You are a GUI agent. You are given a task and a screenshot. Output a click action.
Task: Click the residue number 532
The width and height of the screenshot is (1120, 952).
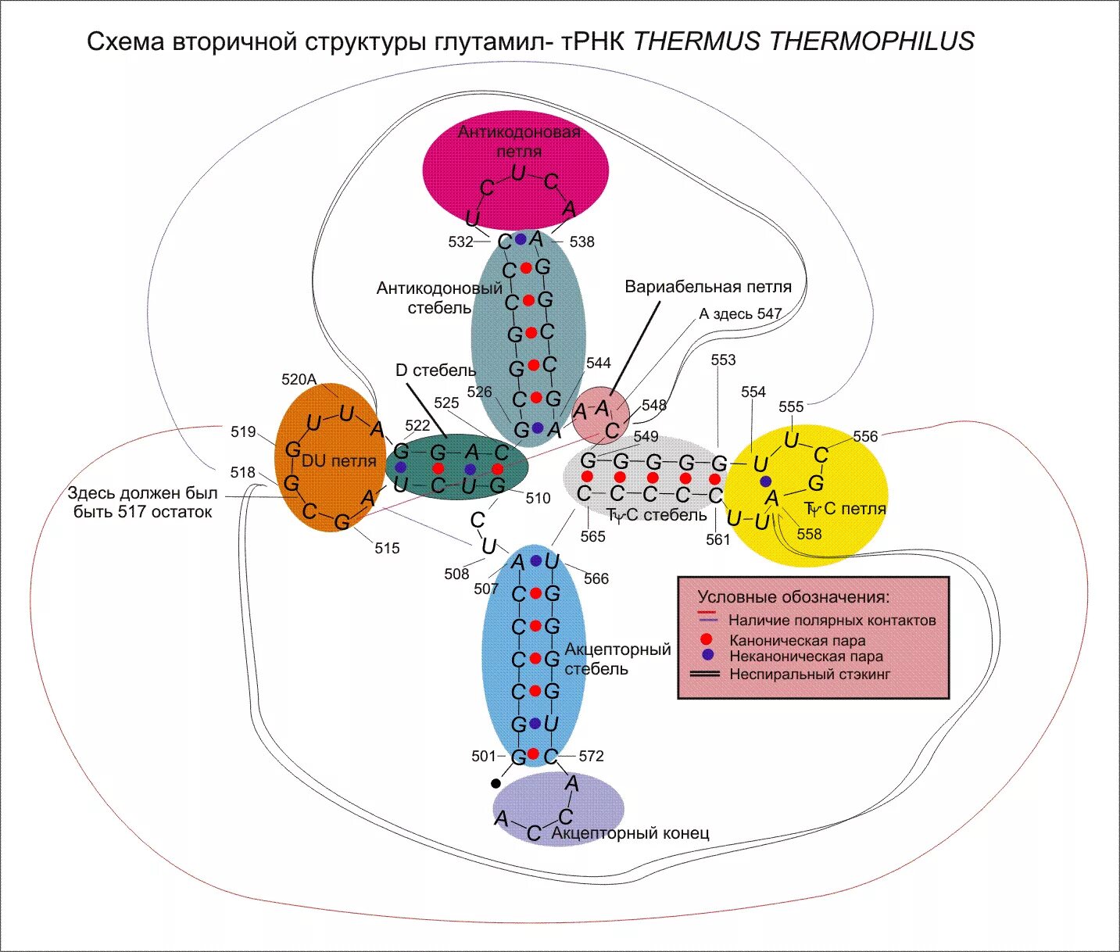(x=460, y=242)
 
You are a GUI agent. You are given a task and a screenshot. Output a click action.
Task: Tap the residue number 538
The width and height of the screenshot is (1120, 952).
(x=582, y=242)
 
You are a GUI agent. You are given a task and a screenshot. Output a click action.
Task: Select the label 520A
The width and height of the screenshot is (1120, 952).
(x=299, y=379)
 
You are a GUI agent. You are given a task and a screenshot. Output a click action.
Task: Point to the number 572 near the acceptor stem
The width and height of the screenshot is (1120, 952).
(x=591, y=756)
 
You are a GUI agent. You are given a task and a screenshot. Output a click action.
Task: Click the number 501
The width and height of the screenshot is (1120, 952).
(x=484, y=756)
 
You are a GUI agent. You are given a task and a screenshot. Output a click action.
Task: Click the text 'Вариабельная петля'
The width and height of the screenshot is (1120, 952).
(x=708, y=287)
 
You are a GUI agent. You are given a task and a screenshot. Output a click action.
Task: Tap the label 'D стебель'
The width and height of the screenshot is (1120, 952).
(x=435, y=370)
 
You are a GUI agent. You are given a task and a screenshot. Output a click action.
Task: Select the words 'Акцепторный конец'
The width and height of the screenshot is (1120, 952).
(x=630, y=832)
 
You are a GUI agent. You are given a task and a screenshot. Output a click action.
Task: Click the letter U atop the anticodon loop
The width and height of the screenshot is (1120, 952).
(x=518, y=174)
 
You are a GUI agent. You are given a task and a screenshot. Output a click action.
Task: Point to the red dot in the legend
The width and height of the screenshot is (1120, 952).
(x=706, y=639)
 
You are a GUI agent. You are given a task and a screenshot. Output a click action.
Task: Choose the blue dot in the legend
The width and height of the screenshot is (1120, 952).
(x=707, y=655)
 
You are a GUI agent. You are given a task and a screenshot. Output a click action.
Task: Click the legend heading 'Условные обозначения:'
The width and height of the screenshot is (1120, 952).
(x=794, y=597)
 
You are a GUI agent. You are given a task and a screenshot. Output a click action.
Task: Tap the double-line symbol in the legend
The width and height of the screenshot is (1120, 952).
(x=704, y=675)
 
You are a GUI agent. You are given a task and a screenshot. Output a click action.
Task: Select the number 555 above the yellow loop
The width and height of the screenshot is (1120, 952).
(x=791, y=406)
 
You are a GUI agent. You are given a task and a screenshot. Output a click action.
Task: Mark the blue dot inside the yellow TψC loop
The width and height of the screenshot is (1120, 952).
(x=766, y=481)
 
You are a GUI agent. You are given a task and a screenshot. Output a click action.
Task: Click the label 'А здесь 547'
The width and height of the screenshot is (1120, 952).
(x=740, y=313)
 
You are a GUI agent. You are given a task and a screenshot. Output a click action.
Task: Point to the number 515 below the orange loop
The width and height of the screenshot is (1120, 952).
(x=387, y=549)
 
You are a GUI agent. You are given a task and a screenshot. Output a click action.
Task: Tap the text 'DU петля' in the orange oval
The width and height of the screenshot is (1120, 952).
(x=338, y=461)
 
